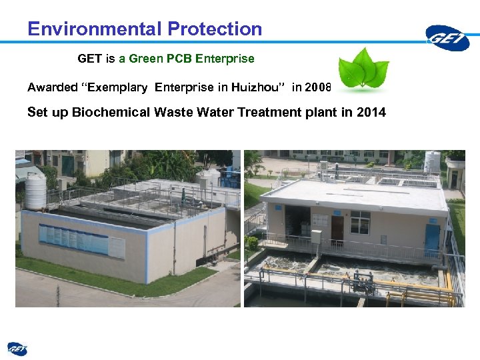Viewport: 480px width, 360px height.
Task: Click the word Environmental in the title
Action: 95,29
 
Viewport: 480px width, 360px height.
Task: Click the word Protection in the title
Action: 215,29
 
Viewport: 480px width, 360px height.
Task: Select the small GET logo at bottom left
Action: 17,348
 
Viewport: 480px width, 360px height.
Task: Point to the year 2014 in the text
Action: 371,112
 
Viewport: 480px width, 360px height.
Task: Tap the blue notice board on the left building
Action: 73,239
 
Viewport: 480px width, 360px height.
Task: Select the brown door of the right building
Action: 337,229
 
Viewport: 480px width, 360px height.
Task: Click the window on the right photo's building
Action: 360,223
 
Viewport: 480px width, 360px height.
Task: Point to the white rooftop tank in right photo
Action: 432,161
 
